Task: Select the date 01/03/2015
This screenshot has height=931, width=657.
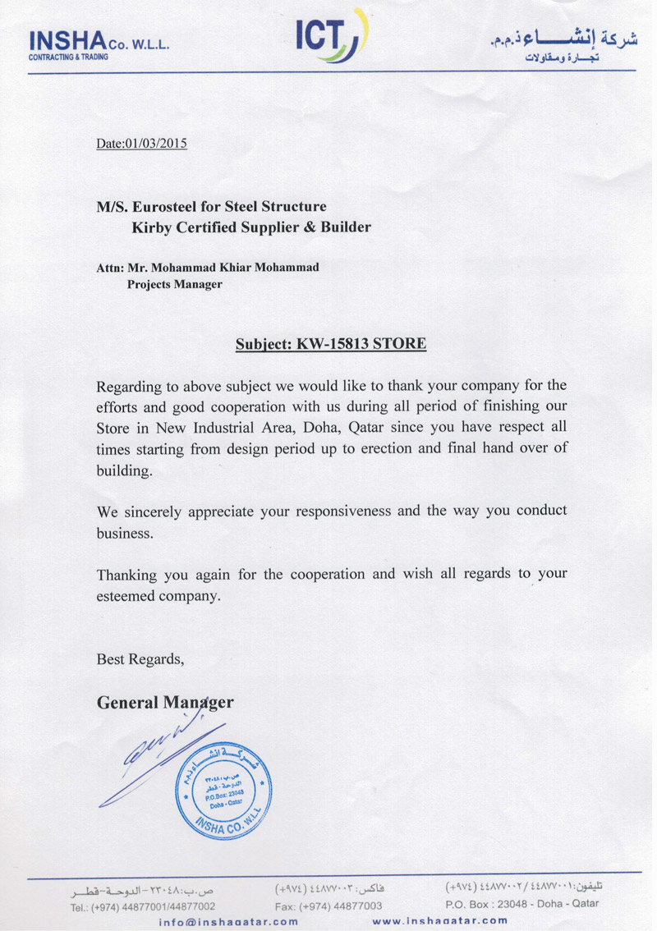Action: [x=156, y=144]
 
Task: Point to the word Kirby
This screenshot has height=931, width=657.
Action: [x=156, y=227]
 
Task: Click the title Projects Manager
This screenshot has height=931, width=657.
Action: [x=174, y=284]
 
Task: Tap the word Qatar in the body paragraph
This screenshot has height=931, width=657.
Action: [x=368, y=427]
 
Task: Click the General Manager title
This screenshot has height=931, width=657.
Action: [x=165, y=703]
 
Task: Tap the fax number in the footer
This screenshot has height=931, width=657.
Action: [x=328, y=905]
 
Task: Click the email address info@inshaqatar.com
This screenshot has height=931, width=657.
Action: [x=229, y=921]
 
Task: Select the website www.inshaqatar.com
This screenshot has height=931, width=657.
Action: [x=440, y=921]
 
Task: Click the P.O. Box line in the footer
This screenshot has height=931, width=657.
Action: [x=521, y=903]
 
